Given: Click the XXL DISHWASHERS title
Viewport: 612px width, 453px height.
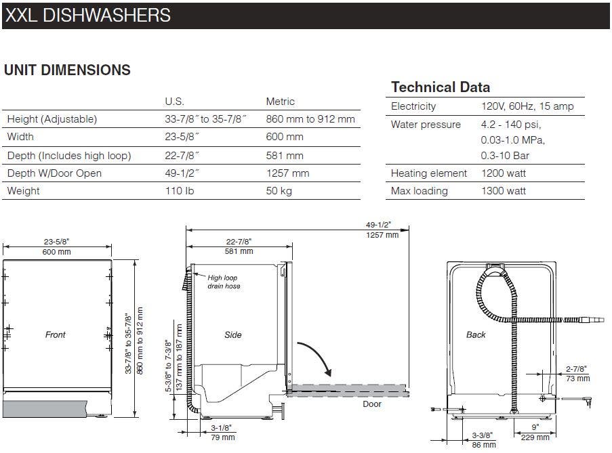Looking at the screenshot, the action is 88,15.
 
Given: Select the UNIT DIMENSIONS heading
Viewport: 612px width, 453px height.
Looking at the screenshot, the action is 67,70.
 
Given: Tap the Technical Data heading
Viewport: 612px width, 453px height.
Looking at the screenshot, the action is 441,87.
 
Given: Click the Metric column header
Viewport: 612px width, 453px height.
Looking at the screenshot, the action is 280,102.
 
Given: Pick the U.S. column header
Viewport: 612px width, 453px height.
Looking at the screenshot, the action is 174,102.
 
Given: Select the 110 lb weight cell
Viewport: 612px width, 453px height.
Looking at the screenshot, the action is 180,191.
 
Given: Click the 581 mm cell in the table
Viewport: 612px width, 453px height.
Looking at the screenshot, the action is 285,156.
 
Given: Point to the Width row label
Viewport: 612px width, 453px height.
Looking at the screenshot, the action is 20,137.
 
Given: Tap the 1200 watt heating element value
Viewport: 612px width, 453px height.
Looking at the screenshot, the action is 504,173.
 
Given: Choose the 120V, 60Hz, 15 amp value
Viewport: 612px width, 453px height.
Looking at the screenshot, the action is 527,106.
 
